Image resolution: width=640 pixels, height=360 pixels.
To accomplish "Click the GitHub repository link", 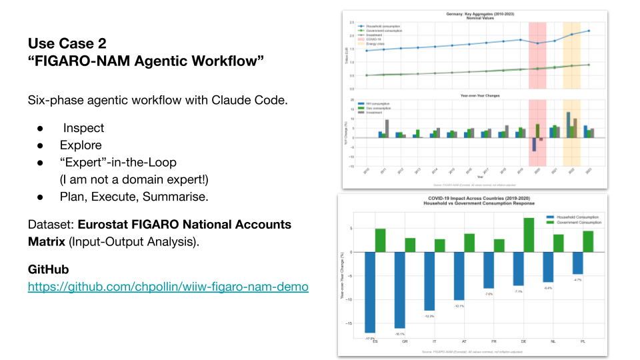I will coord(168,287).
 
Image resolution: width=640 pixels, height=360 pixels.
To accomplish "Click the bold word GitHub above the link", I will coord(48,270).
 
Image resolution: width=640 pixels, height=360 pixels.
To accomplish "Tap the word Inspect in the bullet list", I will coord(84,127).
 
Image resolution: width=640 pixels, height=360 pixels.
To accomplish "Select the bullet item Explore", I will coord(81,145).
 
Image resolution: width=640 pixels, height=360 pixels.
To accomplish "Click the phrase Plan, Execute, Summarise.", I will coord(133,197).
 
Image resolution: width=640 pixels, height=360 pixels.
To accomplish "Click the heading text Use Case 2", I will coord(67,44).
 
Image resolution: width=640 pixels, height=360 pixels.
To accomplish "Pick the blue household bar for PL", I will coord(577,263).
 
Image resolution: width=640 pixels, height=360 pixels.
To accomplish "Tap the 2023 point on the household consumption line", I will coord(588,31).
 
